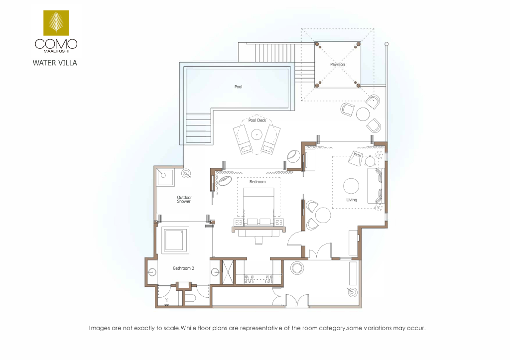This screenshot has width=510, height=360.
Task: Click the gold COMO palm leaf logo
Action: [x=56, y=23]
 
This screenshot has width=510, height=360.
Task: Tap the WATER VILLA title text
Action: [x=55, y=63]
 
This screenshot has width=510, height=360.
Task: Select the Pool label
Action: [x=239, y=87]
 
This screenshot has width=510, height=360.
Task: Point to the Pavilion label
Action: [x=338, y=64]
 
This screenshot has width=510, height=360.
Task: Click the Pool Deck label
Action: [x=257, y=120]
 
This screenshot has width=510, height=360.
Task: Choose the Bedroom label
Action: [x=257, y=182]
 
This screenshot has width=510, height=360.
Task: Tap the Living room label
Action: [x=351, y=200]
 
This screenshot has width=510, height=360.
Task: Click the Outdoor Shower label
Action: [x=184, y=199]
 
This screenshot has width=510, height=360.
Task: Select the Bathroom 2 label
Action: [x=183, y=268]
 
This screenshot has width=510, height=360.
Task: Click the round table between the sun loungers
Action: [x=256, y=134]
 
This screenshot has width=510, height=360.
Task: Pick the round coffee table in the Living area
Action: [x=351, y=186]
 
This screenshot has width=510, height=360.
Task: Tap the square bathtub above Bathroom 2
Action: [x=176, y=240]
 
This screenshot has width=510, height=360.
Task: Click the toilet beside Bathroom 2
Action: [x=190, y=298]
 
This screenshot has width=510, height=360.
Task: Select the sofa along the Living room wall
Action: [x=376, y=186]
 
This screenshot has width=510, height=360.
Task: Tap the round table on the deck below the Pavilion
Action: [x=363, y=114]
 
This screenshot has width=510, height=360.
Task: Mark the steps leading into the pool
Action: [x=199, y=128]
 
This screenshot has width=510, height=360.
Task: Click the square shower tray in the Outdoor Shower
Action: [x=165, y=177]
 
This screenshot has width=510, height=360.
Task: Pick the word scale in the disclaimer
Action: [x=171, y=328]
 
